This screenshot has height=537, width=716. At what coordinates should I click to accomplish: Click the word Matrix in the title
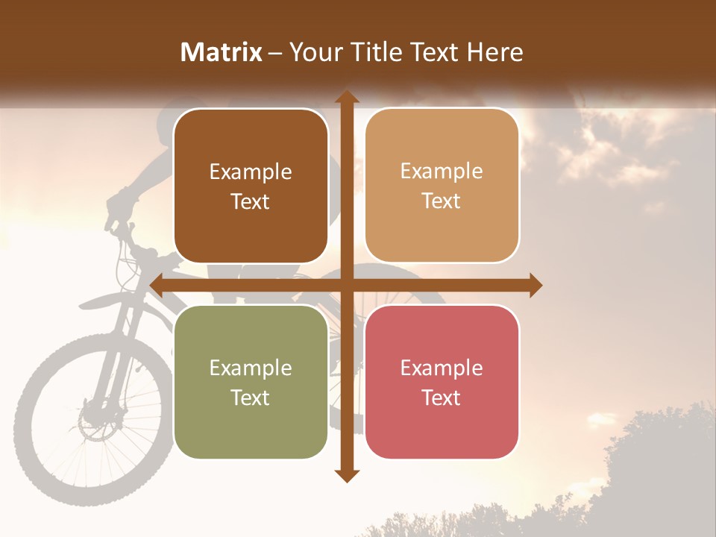[222, 52]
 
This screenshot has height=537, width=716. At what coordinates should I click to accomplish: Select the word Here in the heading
[496, 52]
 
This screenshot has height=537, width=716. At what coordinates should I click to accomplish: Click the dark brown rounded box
[251, 186]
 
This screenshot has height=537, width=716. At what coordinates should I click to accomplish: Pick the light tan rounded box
[442, 186]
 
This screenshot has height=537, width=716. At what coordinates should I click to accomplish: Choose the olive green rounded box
[251, 382]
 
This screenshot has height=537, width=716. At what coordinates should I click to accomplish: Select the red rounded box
[442, 382]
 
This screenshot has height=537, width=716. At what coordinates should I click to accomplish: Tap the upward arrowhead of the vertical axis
[346, 97]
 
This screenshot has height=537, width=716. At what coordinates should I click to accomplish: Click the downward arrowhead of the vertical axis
[346, 475]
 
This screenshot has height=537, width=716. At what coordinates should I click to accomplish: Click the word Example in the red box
[442, 368]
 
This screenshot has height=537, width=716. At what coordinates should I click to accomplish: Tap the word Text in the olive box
[251, 398]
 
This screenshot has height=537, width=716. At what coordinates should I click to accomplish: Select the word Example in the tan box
[442, 171]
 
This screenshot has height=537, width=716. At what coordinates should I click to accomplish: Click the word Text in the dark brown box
[251, 201]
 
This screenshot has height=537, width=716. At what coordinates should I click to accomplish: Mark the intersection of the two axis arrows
[346, 285]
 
